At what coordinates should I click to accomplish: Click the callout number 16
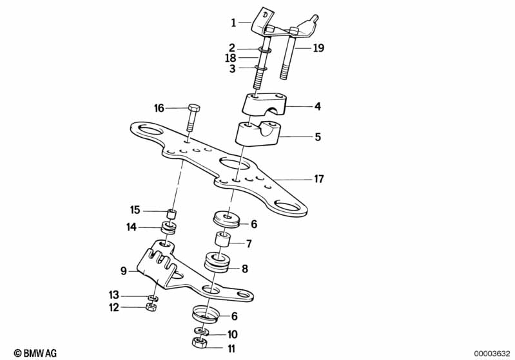tap(159, 108)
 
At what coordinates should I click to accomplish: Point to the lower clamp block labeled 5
tap(256, 134)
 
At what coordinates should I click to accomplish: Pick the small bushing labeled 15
tap(170, 213)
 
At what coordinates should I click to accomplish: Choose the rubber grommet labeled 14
tap(170, 227)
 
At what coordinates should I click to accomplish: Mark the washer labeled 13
tap(153, 298)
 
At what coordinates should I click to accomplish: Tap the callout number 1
tap(234, 23)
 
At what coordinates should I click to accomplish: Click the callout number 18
tap(230, 57)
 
